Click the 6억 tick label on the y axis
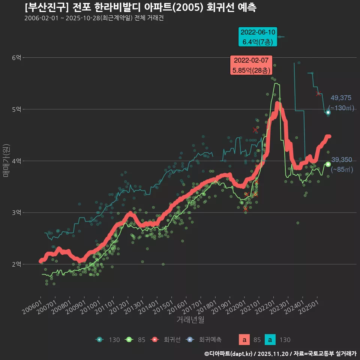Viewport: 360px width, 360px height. [17, 57]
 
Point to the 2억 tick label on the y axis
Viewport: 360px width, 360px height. [17, 264]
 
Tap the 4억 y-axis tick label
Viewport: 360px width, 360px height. [17, 161]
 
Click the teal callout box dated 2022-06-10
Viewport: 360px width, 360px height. [258, 37]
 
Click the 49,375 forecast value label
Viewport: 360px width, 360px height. [340, 98]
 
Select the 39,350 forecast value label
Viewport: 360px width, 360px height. [341, 160]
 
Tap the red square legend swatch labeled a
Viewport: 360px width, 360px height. [244, 340]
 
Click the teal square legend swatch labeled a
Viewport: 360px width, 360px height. [270, 340]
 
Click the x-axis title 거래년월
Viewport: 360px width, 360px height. [190, 320]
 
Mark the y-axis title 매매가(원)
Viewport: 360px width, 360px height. [6, 160]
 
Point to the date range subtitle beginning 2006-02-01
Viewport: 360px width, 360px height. [94, 18]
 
